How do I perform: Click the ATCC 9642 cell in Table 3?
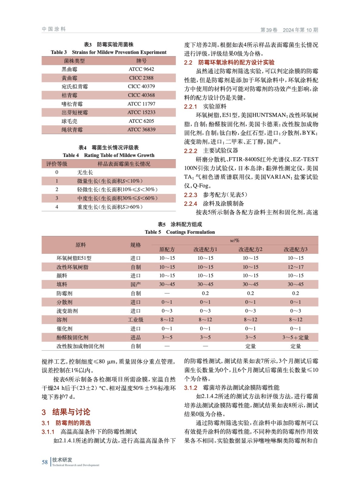pos(141,69)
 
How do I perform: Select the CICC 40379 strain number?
pos(141,86)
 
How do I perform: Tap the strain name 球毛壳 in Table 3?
pos(69,121)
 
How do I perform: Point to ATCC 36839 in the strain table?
pos(141,130)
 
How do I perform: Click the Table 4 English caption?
pos(109,155)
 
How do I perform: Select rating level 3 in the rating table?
pos(57,198)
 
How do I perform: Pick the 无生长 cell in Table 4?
pos(85,172)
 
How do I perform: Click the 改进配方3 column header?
pos(295,249)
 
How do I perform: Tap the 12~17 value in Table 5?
pos(295,267)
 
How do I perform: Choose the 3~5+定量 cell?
pos(295,337)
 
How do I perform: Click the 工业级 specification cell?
pos(136,320)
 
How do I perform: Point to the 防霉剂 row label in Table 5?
pos(64,293)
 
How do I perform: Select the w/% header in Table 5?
pos(234,241)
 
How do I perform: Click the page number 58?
pos(45,462)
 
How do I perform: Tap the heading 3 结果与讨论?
pos(66,412)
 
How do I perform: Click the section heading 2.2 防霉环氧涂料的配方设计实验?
pos(229,62)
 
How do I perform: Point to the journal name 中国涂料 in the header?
pos(54,29)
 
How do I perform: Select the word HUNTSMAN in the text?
pos(269,115)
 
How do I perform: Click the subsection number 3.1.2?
pos(190,388)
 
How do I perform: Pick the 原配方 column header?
pos(167,249)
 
